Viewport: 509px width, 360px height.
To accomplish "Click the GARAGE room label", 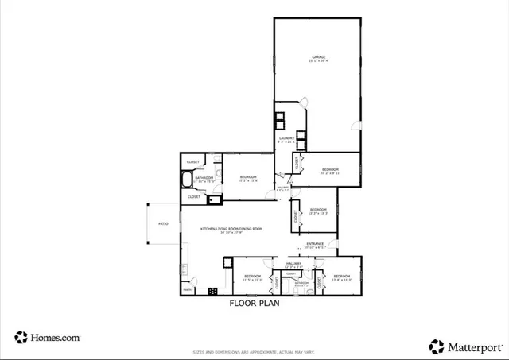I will click(x=319, y=58).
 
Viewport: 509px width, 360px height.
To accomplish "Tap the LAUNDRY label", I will click(x=286, y=138).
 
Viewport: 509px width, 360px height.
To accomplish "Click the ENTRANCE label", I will click(x=315, y=244).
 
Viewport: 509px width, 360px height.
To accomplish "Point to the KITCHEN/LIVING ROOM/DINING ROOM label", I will click(x=231, y=229).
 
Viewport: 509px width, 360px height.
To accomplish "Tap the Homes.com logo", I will click(x=48, y=337).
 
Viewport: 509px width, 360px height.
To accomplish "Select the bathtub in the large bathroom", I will click(x=187, y=180).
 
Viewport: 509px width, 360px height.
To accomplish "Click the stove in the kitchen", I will click(x=213, y=291).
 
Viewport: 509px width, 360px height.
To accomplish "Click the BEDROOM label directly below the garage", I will click(x=331, y=169).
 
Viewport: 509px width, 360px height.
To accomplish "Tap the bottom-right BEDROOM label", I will click(x=342, y=276).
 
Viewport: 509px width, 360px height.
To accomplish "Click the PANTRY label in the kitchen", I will click(x=188, y=290).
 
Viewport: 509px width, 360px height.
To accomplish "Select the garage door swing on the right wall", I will click(x=355, y=126).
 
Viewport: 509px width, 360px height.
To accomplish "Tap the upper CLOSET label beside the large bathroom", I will click(x=193, y=162).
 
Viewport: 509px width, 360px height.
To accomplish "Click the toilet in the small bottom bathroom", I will click(x=308, y=291).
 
